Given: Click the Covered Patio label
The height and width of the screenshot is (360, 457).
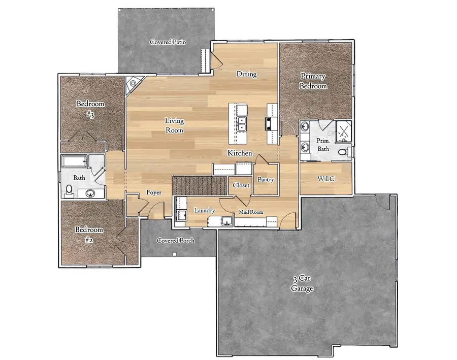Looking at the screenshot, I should click(x=168, y=42).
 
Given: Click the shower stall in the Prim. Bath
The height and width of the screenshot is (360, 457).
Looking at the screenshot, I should click(x=343, y=130).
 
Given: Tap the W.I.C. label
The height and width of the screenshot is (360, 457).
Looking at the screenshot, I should click(x=325, y=179).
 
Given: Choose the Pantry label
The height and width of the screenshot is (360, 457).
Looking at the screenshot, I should click(x=266, y=180).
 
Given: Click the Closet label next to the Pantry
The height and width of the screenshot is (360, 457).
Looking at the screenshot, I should click(x=241, y=185).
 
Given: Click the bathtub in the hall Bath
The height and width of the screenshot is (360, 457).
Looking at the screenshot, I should click(x=75, y=162).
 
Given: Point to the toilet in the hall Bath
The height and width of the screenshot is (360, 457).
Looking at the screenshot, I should click(x=70, y=190).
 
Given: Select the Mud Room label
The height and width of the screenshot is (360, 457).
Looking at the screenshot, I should click(x=251, y=212).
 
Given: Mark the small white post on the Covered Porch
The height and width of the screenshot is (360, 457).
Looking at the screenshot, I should click(x=174, y=253).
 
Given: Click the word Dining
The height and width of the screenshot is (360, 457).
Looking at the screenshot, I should click(x=246, y=74).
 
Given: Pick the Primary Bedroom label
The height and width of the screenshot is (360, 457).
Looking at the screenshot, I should click(x=313, y=81).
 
